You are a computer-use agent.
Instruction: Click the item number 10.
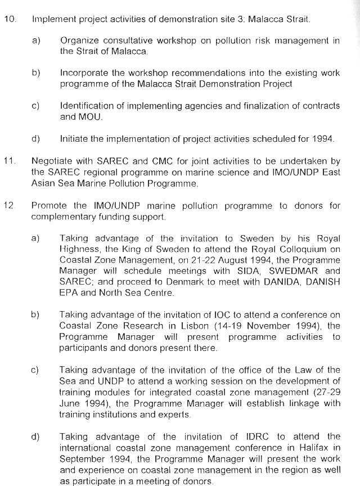point(10,19)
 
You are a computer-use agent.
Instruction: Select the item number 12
point(9,205)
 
